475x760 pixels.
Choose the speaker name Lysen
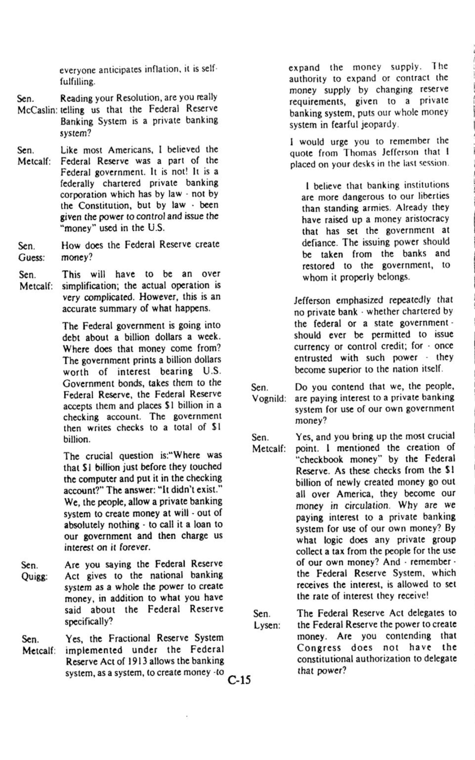[x=267, y=625]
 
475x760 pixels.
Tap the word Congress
[x=319, y=648]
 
